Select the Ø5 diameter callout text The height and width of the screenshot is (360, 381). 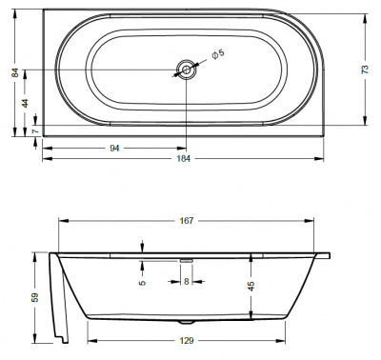(x=218, y=53)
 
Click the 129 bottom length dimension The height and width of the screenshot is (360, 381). (x=186, y=341)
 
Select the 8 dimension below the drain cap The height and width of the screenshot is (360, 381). (x=187, y=282)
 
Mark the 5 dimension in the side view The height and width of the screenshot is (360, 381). (x=141, y=282)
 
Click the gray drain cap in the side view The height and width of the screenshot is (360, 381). (x=187, y=257)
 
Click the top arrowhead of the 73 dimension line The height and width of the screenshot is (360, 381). (x=365, y=14)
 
